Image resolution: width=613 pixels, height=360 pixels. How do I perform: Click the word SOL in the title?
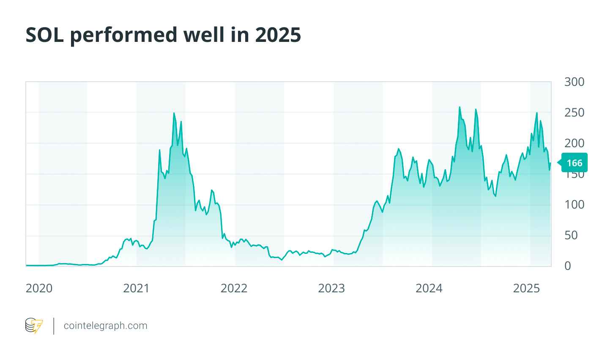45,36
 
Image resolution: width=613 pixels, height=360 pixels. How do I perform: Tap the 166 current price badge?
574,163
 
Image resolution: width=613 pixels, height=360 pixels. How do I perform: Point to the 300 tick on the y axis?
574,82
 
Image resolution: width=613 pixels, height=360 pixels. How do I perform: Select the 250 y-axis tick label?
574,113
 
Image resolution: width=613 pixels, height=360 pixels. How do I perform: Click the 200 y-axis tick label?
574,143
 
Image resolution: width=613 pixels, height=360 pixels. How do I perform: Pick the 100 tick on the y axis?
574,205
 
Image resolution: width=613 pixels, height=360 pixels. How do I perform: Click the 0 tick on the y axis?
568,266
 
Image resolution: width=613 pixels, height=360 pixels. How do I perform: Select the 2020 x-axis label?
39,289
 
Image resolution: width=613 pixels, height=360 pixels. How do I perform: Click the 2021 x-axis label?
137,289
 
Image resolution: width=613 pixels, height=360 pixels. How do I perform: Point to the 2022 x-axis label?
234,289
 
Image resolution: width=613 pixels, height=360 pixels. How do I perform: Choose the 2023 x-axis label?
331,289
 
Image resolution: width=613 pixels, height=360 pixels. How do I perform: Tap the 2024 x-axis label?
429,289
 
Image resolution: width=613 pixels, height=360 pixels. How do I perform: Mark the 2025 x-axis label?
526,289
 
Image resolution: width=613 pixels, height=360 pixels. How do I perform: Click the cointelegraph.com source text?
105,326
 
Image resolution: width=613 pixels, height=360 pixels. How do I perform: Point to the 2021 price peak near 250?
174,113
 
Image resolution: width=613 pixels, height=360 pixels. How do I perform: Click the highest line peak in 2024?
460,107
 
